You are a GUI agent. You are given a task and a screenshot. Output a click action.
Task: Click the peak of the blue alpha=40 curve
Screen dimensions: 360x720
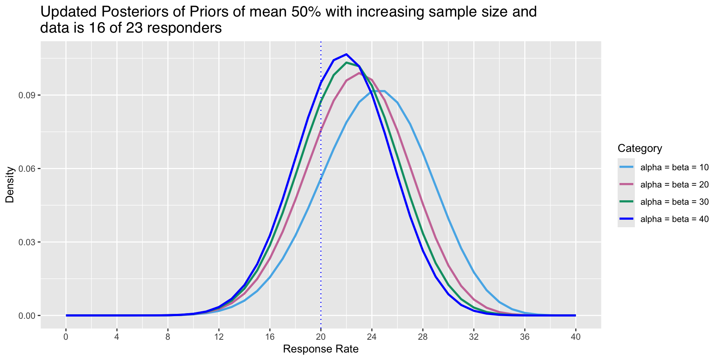[x=346, y=54]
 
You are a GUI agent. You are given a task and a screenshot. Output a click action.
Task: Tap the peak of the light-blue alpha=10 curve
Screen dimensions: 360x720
[x=378, y=91]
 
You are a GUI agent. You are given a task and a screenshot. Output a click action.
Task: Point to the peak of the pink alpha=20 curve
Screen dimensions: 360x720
[x=359, y=73]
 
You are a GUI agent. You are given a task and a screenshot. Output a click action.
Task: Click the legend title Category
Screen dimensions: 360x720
[x=640, y=148]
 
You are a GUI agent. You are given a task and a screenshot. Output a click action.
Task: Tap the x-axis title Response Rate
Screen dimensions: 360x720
[x=321, y=349]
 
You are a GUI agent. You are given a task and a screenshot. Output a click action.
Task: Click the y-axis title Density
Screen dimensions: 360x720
[x=10, y=185]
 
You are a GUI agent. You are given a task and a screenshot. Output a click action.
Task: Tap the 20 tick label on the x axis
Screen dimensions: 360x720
[x=321, y=336]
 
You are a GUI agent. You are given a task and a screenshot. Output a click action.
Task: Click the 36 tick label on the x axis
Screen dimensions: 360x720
[x=525, y=336]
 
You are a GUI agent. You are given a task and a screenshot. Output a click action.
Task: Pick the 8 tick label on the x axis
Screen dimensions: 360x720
[x=168, y=336]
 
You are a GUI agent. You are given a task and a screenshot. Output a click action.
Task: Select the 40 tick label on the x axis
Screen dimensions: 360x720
[x=576, y=336]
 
